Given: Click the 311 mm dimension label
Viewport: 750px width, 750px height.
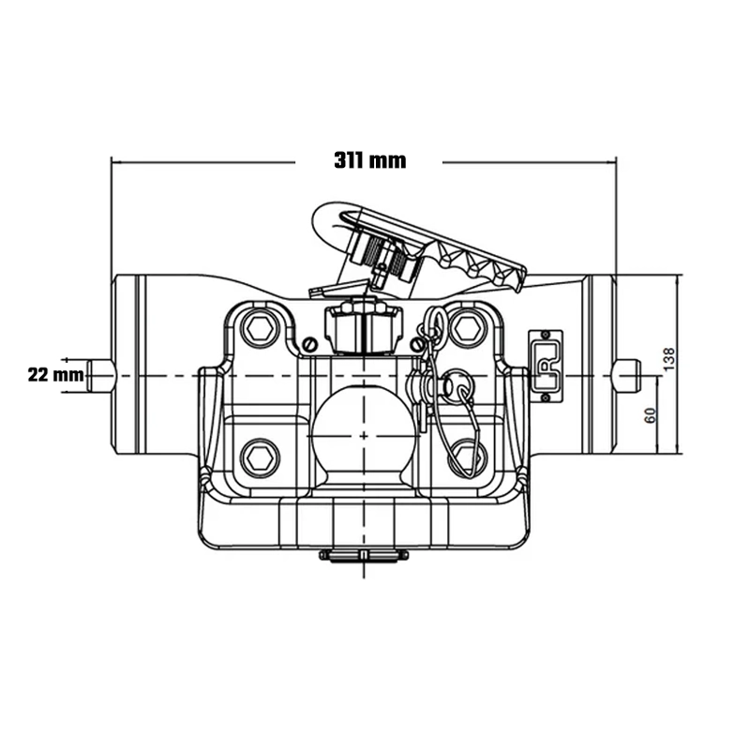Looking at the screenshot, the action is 369,160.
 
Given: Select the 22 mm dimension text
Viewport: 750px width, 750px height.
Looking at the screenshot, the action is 56,374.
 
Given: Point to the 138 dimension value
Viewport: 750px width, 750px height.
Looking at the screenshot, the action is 669,359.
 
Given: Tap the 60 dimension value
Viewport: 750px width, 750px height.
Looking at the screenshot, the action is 650,415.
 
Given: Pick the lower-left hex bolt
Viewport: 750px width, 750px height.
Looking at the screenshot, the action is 261,458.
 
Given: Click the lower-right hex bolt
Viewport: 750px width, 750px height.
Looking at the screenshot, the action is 466,458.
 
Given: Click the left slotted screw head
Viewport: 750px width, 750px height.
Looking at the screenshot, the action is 310,344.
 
